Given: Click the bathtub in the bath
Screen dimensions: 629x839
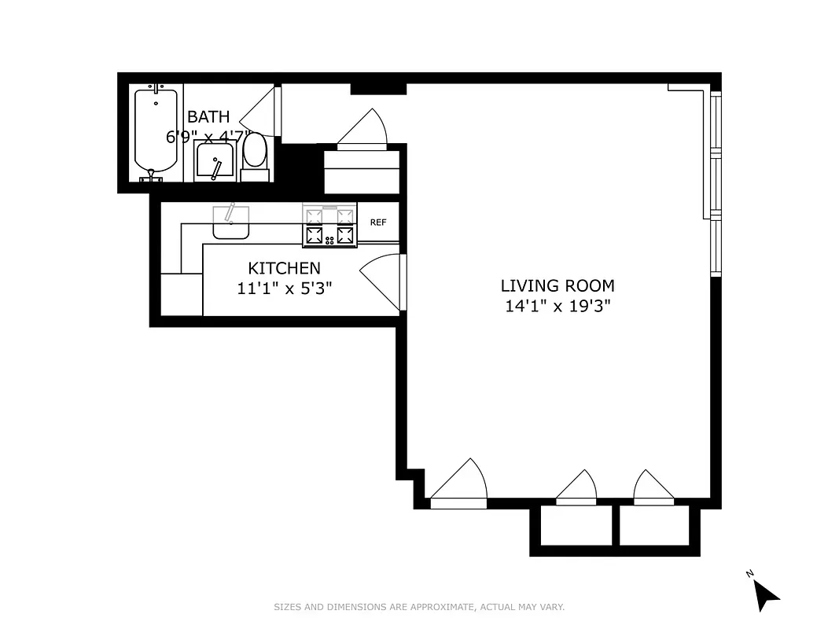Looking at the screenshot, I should tap(156, 132).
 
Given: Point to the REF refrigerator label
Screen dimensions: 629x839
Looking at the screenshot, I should tap(378, 223).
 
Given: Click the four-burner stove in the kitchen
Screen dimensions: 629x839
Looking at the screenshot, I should tap(329, 226).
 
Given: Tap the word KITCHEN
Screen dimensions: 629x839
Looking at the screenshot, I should tap(284, 268).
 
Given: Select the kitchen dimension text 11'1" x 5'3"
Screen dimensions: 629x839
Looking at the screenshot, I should tap(284, 288).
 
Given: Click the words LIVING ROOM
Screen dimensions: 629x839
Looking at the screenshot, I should tap(557, 285).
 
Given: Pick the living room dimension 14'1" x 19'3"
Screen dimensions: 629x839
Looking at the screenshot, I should tap(557, 306).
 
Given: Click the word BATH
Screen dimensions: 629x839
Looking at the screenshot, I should tap(208, 117).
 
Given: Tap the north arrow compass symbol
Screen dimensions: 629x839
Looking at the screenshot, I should tap(765, 594).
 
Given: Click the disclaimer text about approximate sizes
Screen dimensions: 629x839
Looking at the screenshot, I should tap(419, 607).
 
